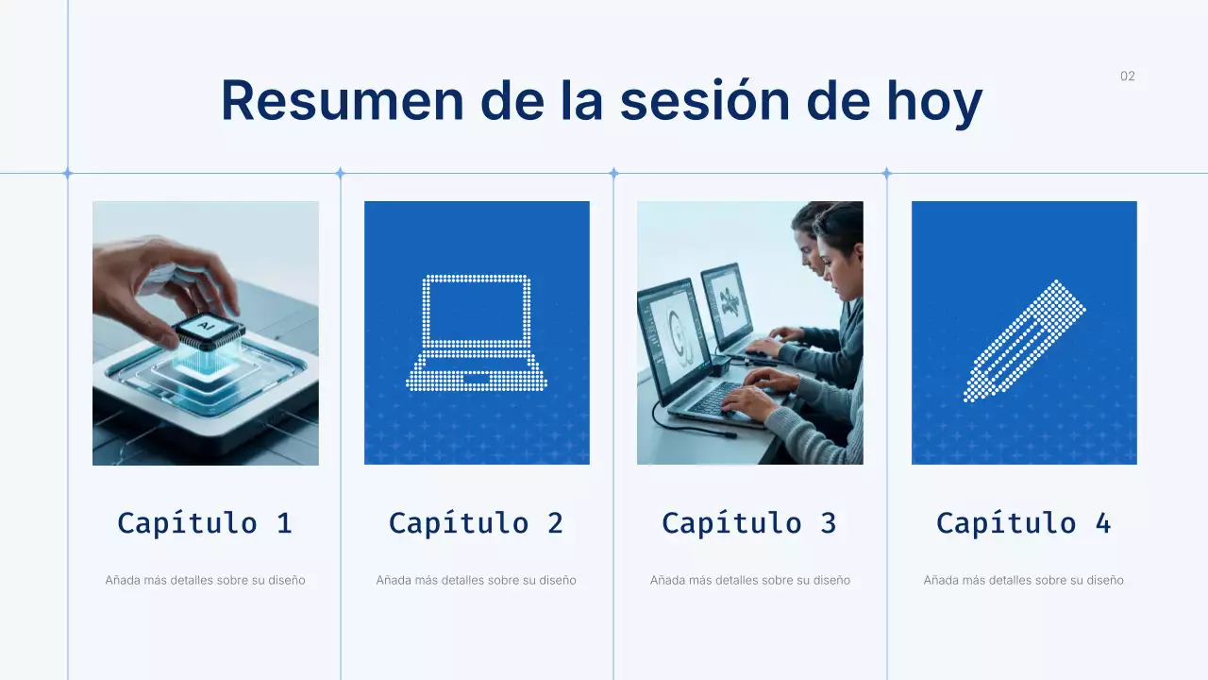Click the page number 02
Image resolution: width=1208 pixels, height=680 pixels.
pos(1127,76)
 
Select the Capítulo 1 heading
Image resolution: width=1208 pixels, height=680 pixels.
pos(205,523)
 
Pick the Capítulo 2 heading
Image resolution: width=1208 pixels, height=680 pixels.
pos(476,523)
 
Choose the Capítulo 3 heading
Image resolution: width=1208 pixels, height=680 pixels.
pos(748,523)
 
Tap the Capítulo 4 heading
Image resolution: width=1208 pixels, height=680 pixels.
pos(1023,523)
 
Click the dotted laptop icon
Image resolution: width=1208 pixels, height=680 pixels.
pos(477,332)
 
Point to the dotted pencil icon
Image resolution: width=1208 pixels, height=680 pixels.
pos(1024,341)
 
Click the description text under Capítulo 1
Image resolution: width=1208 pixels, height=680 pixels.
pos(205,580)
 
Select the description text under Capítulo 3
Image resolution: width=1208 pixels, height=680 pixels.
pos(749,580)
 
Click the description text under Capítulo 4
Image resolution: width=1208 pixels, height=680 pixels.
pos(1023,580)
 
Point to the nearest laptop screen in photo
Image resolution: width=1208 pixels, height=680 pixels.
pos(673,340)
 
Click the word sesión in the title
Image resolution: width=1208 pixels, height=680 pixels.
pos(704,101)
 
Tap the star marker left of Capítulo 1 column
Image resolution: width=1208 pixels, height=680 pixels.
pos(67,173)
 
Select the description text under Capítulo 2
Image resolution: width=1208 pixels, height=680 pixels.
pos(476,580)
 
